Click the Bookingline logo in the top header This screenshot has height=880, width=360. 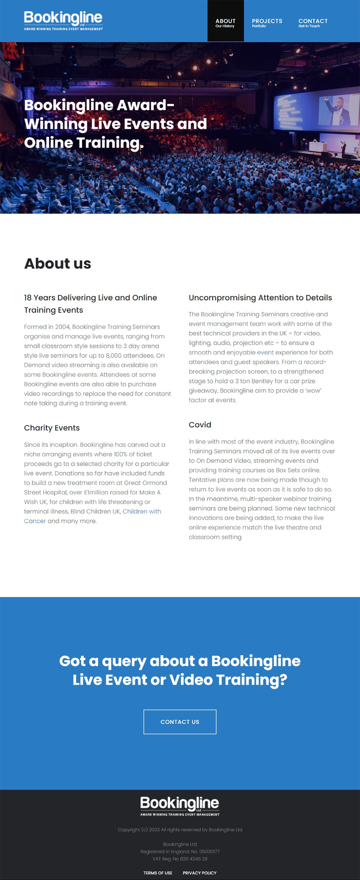pyautogui.click(x=63, y=20)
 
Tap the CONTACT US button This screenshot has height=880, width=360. pyautogui.click(x=180, y=722)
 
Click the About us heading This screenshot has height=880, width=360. pyautogui.click(x=58, y=264)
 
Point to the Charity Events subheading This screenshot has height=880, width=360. pyautogui.click(x=52, y=428)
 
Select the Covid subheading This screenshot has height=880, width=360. pyautogui.click(x=200, y=425)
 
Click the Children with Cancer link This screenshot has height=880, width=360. pyautogui.click(x=141, y=511)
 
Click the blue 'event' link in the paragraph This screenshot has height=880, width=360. pyautogui.click(x=265, y=352)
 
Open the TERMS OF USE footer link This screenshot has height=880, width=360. pyautogui.click(x=158, y=873)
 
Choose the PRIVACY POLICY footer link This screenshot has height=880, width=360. pyautogui.click(x=199, y=873)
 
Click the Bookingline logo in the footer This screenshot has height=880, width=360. pyautogui.click(x=180, y=805)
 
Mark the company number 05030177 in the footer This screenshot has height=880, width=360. pyautogui.click(x=209, y=851)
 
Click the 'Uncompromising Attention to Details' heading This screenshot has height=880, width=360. pyautogui.click(x=260, y=298)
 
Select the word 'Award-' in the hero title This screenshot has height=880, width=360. pyautogui.click(x=145, y=105)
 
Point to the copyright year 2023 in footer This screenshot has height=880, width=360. pyautogui.click(x=154, y=830)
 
